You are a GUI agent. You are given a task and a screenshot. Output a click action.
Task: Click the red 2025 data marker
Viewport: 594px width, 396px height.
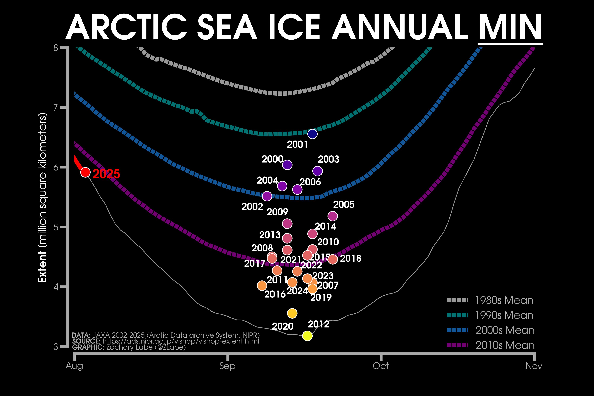click(x=85, y=172)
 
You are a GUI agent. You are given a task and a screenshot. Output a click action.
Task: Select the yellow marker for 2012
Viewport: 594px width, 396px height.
click(x=307, y=336)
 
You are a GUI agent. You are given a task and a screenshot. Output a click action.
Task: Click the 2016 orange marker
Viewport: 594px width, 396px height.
click(x=262, y=286)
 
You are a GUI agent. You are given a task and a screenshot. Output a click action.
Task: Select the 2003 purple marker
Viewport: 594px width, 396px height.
click(x=317, y=171)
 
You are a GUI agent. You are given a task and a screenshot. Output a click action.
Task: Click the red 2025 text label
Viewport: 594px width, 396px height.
click(x=106, y=174)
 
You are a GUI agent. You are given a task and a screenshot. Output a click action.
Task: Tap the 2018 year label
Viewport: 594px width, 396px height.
click(x=351, y=258)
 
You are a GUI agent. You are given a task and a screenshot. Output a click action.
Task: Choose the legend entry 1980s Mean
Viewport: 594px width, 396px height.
click(x=504, y=300)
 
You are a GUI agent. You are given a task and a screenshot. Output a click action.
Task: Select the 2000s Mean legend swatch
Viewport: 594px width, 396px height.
click(x=457, y=330)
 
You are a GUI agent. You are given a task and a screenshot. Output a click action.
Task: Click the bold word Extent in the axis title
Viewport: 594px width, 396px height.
click(x=42, y=267)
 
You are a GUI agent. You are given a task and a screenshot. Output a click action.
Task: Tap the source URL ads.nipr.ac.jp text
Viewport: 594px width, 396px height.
click(x=181, y=341)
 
